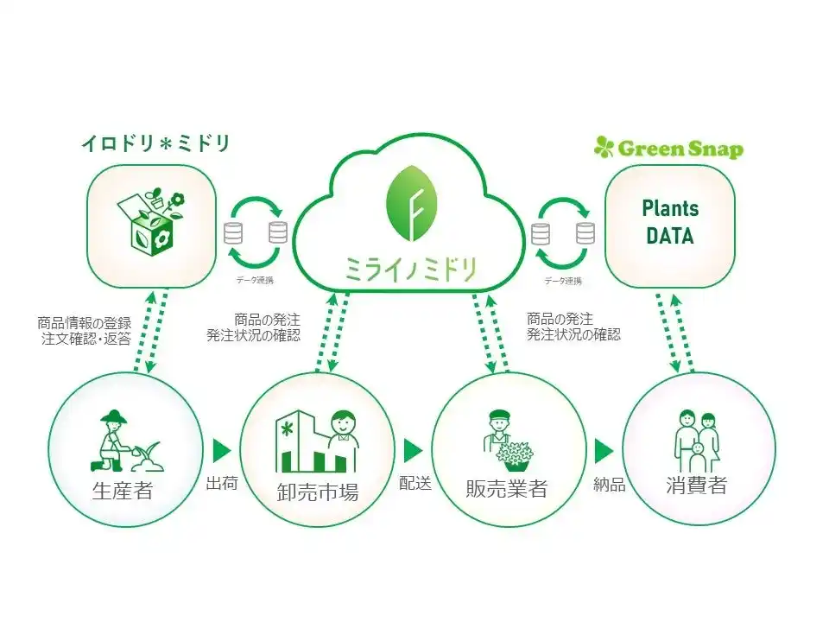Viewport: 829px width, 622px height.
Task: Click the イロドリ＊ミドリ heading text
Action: click(155, 143)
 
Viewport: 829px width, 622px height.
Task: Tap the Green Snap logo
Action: click(668, 148)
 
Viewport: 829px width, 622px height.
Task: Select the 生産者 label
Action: click(122, 490)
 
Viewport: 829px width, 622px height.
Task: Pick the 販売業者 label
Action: click(506, 488)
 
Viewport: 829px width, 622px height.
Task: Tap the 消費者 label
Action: click(696, 485)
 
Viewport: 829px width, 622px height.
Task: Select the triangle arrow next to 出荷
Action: click(222, 452)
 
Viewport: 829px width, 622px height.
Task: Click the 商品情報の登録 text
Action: click(85, 323)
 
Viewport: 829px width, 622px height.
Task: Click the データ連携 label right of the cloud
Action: click(563, 281)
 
